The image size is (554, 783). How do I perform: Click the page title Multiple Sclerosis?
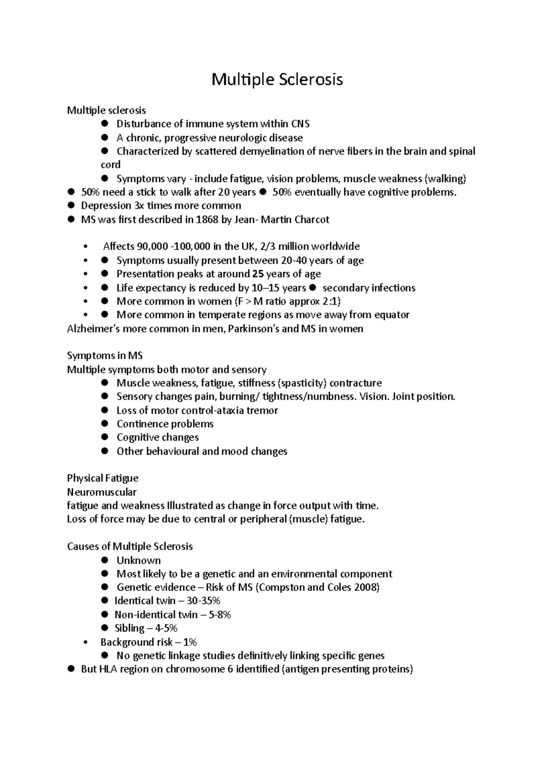pyautogui.click(x=277, y=80)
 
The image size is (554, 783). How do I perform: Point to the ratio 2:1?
pyautogui.click(x=332, y=301)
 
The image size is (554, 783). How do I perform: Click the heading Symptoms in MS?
pyautogui.click(x=105, y=356)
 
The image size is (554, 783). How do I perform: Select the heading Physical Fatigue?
pyautogui.click(x=102, y=478)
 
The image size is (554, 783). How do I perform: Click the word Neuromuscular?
pyautogui.click(x=102, y=492)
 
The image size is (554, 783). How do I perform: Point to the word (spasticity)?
pyautogui.click(x=302, y=383)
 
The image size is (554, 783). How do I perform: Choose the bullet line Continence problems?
pyautogui.click(x=165, y=424)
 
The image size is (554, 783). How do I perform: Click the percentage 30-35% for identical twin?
pyautogui.click(x=204, y=600)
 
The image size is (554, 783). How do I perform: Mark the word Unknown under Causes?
pyautogui.click(x=138, y=560)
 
